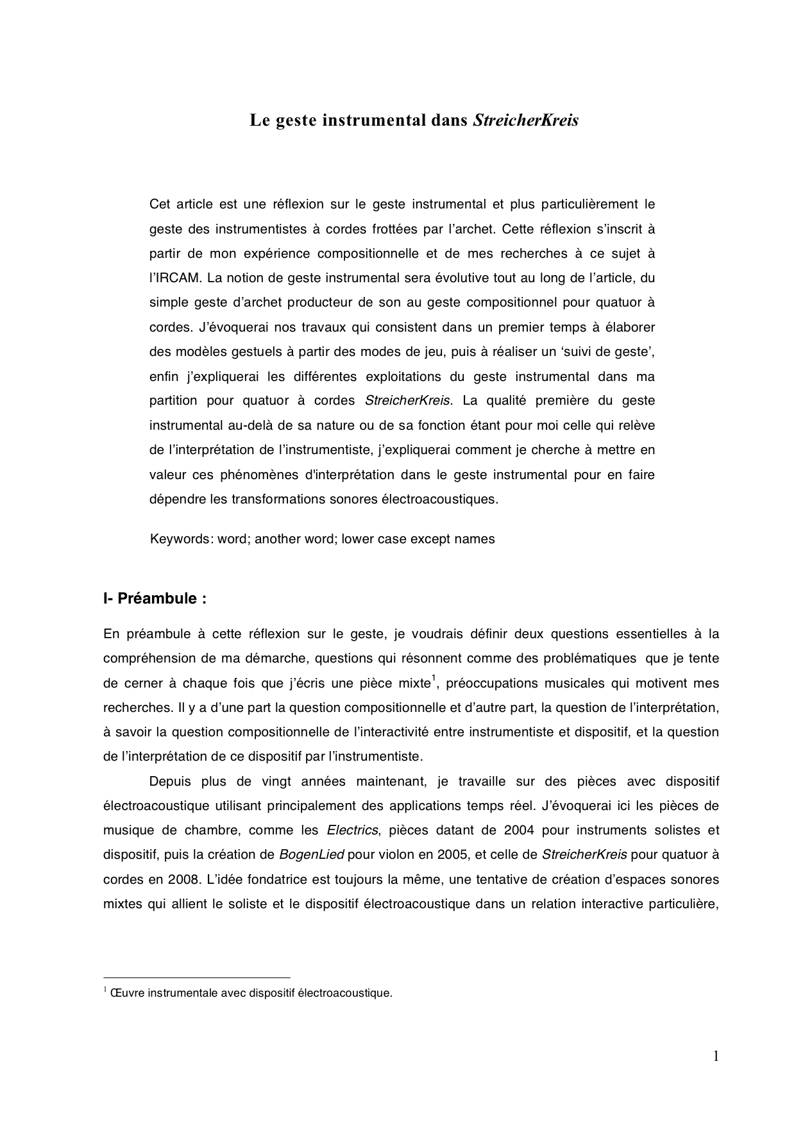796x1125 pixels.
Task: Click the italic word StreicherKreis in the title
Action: (525, 121)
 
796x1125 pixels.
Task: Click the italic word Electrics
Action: (353, 830)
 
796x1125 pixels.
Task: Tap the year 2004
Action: (519, 830)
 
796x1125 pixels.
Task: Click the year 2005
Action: (446, 854)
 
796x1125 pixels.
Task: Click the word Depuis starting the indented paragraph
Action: (169, 781)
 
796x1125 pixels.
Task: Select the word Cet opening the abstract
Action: (159, 205)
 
